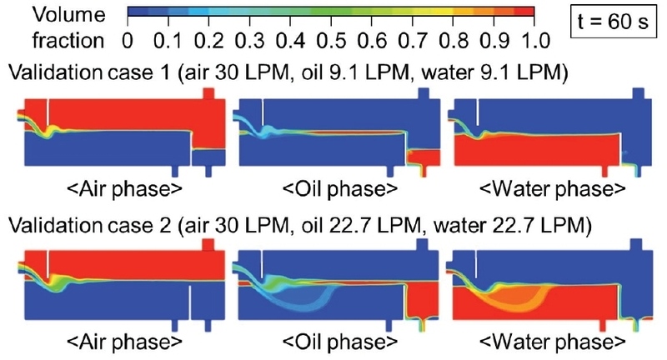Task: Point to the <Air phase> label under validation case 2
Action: (x=118, y=342)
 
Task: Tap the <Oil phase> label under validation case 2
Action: (x=333, y=342)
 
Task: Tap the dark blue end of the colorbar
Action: (x=138, y=12)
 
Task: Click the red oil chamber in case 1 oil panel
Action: (x=422, y=157)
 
